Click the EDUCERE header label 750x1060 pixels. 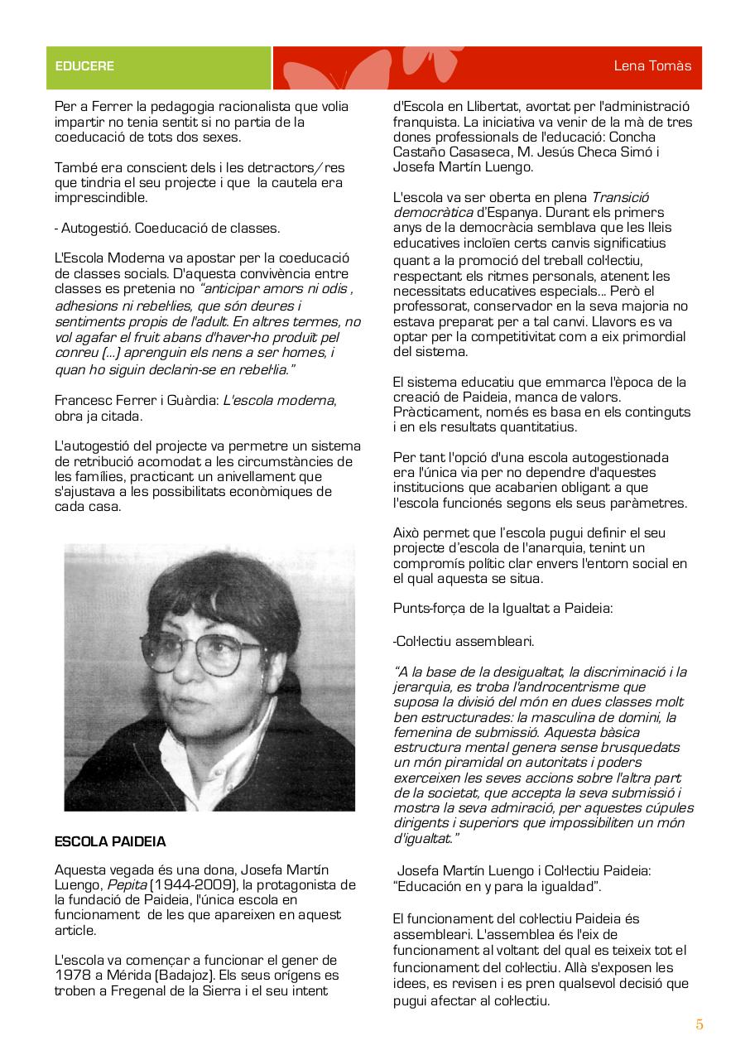click(84, 66)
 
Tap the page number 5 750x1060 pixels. click(700, 1025)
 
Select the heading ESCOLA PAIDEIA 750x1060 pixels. click(110, 842)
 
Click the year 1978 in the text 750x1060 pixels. click(73, 976)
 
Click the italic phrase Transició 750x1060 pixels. click(620, 197)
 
